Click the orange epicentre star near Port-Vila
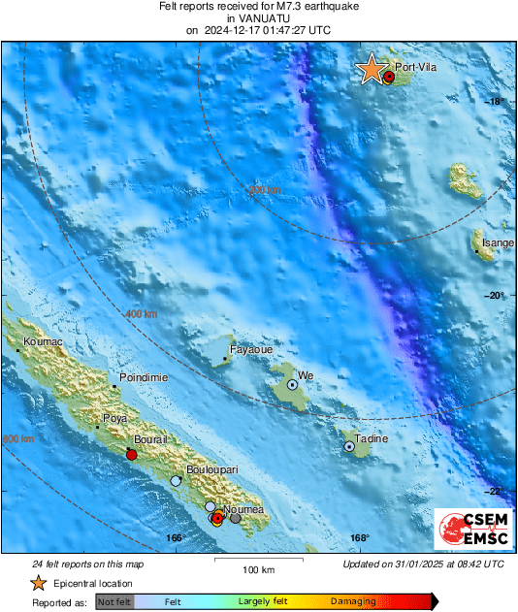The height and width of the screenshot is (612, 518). (371, 70)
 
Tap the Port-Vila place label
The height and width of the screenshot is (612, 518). (414, 67)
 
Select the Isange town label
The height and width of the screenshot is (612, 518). (499, 243)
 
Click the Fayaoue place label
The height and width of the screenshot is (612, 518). (249, 349)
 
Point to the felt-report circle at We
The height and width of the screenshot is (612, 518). (291, 385)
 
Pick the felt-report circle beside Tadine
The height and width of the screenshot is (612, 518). (349, 446)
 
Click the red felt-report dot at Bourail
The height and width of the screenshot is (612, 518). (132, 455)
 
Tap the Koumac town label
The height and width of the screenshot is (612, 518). (42, 342)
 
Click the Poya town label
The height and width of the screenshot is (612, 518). (115, 420)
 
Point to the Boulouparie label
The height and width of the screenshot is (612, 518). (212, 469)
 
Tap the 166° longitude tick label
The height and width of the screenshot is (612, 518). (175, 538)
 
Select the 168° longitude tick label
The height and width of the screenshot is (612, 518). (359, 538)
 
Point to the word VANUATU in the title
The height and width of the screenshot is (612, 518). (258, 17)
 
